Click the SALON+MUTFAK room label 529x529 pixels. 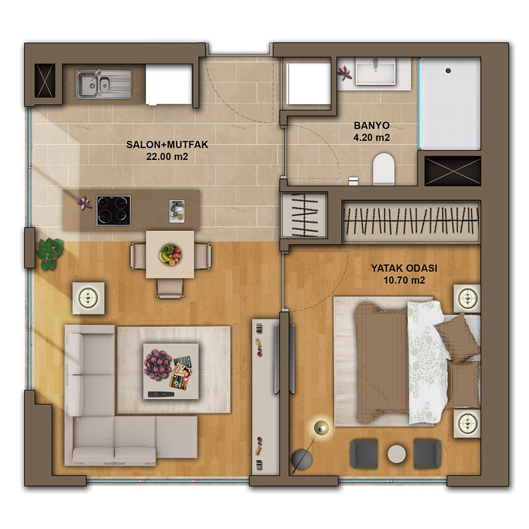point(167,145)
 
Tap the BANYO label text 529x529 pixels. point(371,125)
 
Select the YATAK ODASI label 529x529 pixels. point(404,268)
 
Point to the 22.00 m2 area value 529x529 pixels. point(167,157)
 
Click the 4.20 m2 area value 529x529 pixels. point(371,138)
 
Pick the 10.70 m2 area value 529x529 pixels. point(404,280)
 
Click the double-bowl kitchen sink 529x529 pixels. point(104,84)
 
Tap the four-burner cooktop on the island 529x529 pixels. point(114,211)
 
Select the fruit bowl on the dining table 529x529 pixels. point(170,255)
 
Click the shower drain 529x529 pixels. point(448,70)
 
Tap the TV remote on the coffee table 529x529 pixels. point(161,394)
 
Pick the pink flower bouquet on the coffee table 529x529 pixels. point(158,363)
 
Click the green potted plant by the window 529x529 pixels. point(50,253)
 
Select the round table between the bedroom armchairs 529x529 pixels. point(397,454)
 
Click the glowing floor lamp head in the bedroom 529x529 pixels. point(321,428)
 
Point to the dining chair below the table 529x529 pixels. point(170,289)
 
